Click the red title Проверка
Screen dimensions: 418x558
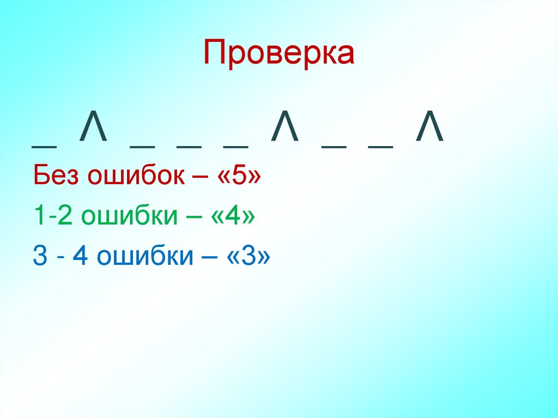point(279,53)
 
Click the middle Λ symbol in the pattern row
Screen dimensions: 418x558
point(285,130)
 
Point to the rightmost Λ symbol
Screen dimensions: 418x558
point(429,130)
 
